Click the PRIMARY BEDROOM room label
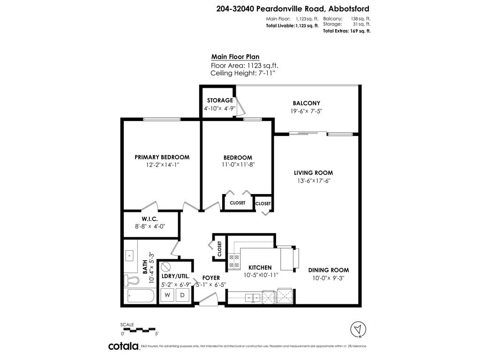coord(162,157)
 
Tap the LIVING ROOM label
coord(313,173)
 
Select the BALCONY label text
coord(306,103)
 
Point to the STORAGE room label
coord(220,100)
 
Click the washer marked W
coord(167,295)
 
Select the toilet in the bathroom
coord(132,281)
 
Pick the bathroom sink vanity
coord(129,256)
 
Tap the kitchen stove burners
coord(233,262)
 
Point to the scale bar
coord(139,330)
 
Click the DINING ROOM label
coord(328,270)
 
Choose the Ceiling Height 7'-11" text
coord(243,74)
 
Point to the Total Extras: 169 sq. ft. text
coord(347,31)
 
